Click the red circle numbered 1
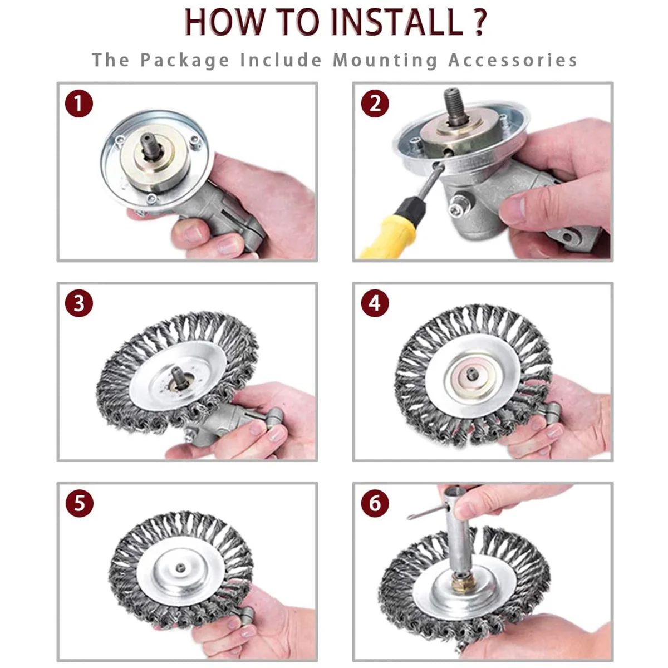tap(79, 104)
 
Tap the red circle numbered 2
tap(375, 104)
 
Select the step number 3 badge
tap(79, 303)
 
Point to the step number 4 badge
tap(375, 303)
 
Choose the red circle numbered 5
tap(80, 503)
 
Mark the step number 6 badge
tap(375, 503)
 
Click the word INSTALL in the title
tap(396, 22)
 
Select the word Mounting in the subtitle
tap(385, 60)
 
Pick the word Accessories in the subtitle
tap(513, 60)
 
